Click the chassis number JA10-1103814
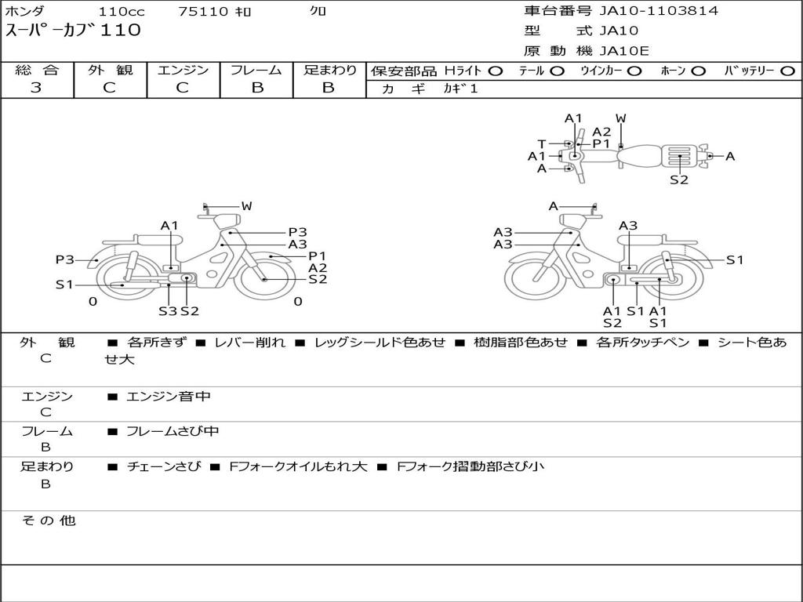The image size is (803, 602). [659, 11]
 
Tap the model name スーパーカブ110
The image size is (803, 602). [73, 30]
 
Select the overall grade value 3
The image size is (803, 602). [36, 88]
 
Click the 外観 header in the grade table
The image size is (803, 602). [110, 70]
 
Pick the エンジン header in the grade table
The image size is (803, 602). [183, 70]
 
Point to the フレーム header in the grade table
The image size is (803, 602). [256, 70]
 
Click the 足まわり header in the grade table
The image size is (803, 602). [329, 70]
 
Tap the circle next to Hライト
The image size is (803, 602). [496, 71]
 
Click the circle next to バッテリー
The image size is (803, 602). [788, 71]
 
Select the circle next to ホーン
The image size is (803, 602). [698, 71]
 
